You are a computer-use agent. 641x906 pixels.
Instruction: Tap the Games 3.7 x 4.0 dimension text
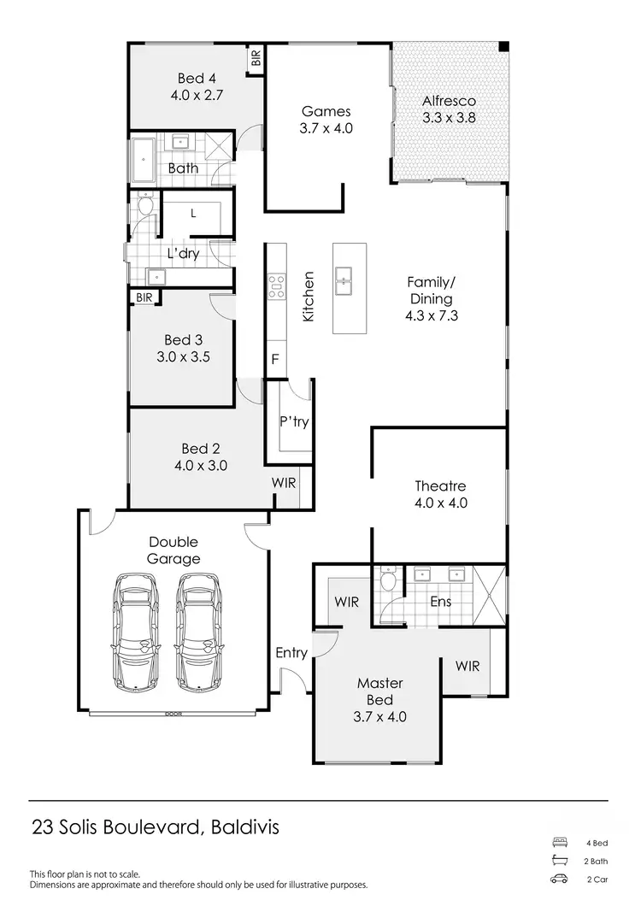click(x=326, y=128)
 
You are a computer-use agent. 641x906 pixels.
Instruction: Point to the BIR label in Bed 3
click(x=143, y=297)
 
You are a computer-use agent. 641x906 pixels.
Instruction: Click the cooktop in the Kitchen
click(x=276, y=286)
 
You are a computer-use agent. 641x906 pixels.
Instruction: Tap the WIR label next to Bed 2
click(x=284, y=483)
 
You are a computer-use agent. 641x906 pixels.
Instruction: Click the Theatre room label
click(x=441, y=485)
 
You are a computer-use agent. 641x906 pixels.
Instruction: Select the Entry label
click(x=291, y=653)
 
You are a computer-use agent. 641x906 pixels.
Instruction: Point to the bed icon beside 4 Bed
click(x=560, y=842)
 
